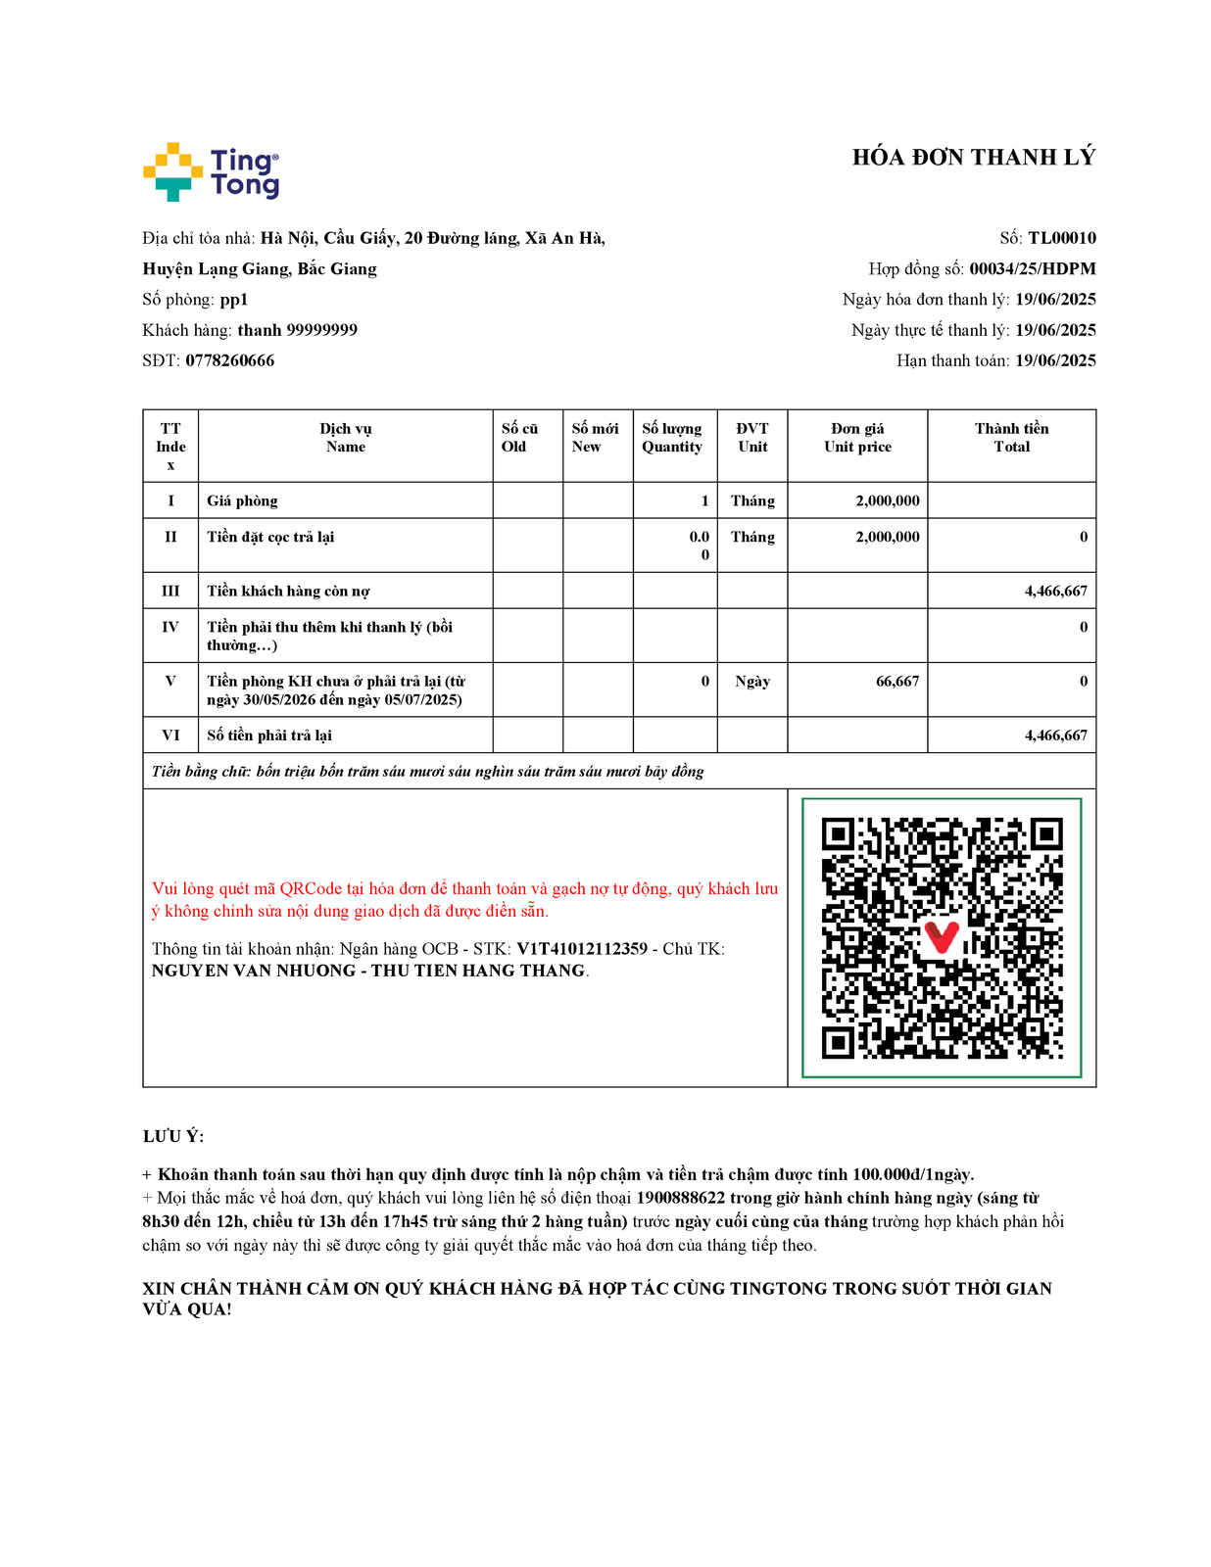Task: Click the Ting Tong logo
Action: (211, 172)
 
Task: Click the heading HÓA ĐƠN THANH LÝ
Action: (973, 158)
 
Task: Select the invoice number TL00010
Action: (1061, 238)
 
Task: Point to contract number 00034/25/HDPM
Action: (1032, 268)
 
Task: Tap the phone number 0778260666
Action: (230, 360)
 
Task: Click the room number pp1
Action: (233, 300)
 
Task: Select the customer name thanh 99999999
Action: (297, 330)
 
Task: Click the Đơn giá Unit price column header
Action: (857, 438)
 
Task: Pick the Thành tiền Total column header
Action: (1011, 438)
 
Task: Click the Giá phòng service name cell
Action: (242, 500)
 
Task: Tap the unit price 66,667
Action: (896, 681)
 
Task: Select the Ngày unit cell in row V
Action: (752, 681)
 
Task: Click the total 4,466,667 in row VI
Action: (1055, 736)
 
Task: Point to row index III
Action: (170, 591)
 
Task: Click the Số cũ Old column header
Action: (519, 438)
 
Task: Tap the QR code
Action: (942, 938)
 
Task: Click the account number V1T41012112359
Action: (582, 948)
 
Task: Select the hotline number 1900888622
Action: (680, 1198)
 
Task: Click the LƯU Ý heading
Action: (173, 1136)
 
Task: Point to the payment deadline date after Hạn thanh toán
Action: (1054, 360)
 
